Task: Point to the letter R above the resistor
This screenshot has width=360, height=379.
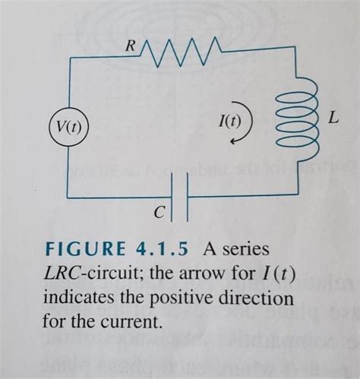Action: tap(129, 48)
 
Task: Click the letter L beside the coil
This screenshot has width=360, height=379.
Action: tap(333, 118)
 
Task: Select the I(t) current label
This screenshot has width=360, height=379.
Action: tap(228, 120)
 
